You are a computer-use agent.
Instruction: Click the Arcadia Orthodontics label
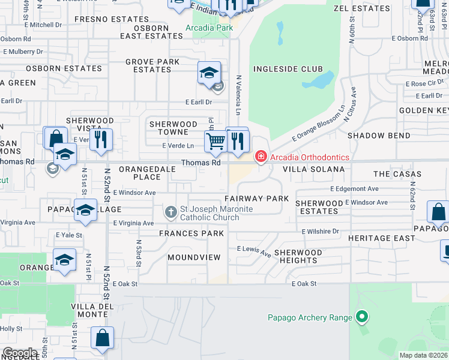point(310,157)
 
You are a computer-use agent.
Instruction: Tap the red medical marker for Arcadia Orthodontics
point(261,157)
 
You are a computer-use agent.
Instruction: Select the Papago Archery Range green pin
point(361,316)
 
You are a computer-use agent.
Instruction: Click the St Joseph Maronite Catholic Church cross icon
point(171,212)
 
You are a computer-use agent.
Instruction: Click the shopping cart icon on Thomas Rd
point(215,142)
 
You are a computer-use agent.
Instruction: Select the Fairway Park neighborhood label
point(256,198)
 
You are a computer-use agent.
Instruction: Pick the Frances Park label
point(191,233)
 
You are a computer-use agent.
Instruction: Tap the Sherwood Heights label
point(298,256)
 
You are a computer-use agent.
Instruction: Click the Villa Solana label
point(311,169)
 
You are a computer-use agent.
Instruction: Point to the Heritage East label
point(381,238)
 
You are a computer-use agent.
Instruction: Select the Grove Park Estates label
point(152,65)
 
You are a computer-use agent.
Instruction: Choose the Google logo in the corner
point(20,353)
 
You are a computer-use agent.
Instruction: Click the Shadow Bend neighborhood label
point(379,136)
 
